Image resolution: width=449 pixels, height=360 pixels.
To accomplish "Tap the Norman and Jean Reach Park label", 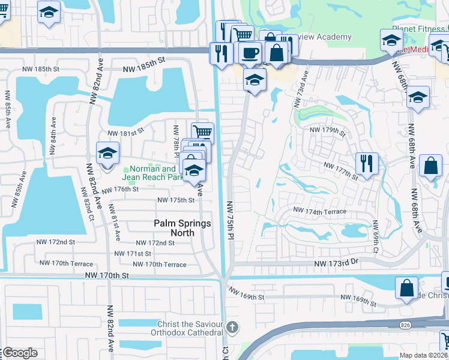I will tap(152, 173).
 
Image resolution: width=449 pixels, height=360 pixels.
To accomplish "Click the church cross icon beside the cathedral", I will tap(233, 328).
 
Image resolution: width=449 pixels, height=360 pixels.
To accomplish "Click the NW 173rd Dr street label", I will tap(336, 263).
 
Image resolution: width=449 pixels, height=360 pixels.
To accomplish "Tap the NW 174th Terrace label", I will tap(319, 211).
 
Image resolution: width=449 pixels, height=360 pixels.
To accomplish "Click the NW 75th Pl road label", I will tap(229, 220).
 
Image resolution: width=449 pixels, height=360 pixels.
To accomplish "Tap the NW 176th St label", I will tap(120, 190).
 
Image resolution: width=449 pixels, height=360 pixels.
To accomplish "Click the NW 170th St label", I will tap(107, 275).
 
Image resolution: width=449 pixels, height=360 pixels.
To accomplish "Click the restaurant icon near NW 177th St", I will tap(366, 162).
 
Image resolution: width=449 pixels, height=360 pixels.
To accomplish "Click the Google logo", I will tap(20, 353).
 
